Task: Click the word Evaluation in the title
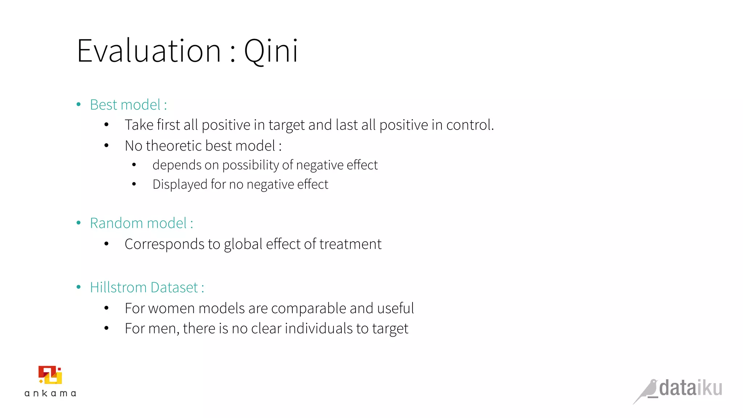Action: coord(149,51)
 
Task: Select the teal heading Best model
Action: coord(125,105)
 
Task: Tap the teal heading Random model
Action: coord(138,223)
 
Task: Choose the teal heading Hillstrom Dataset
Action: coord(144,287)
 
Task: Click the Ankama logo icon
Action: coord(50,375)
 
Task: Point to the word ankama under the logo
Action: coord(50,393)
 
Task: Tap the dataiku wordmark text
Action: coord(690,388)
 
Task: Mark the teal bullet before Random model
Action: coord(79,223)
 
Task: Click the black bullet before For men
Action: coord(106,328)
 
